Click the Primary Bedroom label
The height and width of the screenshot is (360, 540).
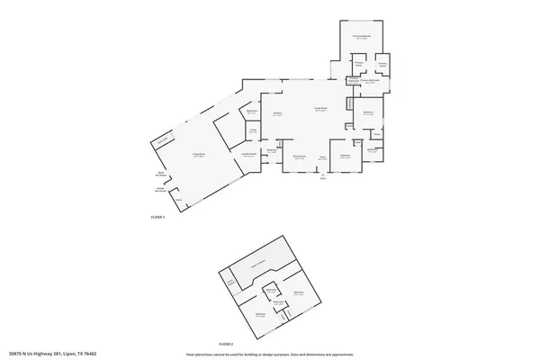tap(362, 37)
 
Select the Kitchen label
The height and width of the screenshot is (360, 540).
tap(278, 114)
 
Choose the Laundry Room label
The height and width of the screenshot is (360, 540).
tap(248, 155)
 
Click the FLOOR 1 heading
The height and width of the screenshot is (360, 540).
tap(158, 218)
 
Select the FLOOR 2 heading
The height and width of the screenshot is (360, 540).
tap(226, 344)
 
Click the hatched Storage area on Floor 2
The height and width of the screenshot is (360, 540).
tap(231, 283)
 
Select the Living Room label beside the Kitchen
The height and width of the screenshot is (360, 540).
tap(319, 109)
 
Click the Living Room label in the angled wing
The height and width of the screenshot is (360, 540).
tap(195, 156)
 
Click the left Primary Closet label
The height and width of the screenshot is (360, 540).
tap(357, 65)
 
